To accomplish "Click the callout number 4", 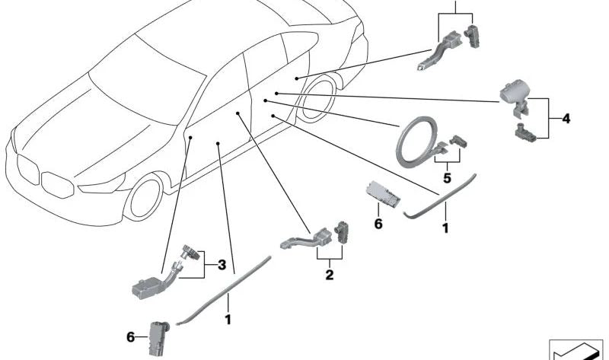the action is point(566,119).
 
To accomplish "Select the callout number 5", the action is point(447,178).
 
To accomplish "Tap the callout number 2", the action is point(330,275).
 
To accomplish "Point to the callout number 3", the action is point(222,265).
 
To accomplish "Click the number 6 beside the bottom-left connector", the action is point(131,337).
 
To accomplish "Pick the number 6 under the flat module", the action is point(378,224).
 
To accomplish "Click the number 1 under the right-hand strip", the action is point(445,228).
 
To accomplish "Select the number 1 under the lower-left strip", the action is point(228,320).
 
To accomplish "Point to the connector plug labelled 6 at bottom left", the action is point(158,338).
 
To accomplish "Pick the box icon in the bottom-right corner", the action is point(576,349).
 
